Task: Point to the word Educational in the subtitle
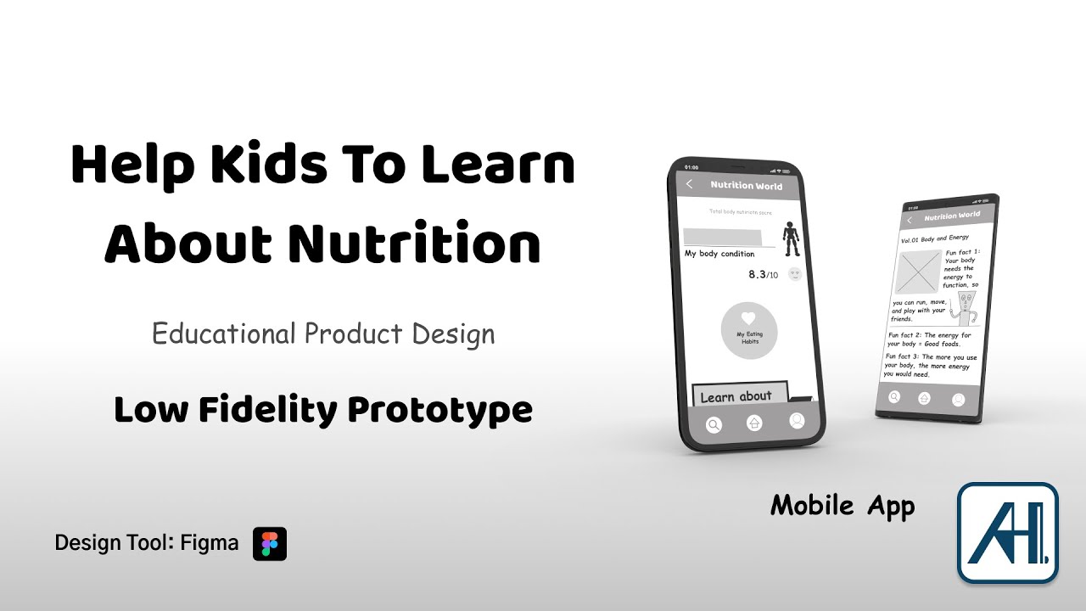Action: (x=224, y=334)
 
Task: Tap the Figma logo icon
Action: (x=270, y=544)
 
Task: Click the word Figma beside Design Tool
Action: (x=210, y=543)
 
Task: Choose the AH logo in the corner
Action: (x=1007, y=533)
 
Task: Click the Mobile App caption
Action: (x=842, y=507)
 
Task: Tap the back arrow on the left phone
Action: (x=690, y=184)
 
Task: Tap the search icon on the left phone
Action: (x=714, y=424)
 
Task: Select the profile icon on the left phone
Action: (x=797, y=420)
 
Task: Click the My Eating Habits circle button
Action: (x=748, y=330)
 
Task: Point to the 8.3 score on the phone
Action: (x=757, y=275)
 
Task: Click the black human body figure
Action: (x=791, y=238)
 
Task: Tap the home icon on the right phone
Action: (x=925, y=398)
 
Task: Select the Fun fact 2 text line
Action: (x=928, y=339)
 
